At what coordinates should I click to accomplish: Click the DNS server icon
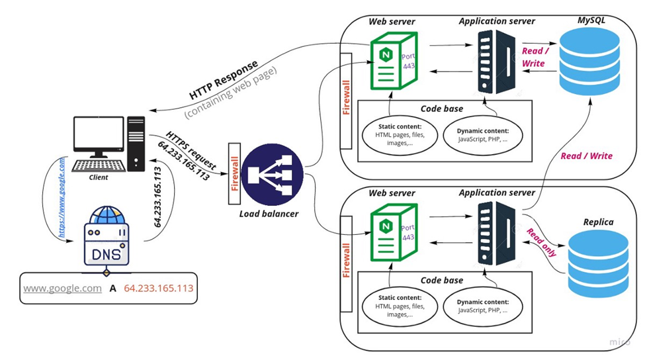click(106, 238)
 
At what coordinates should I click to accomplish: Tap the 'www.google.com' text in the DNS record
click(63, 289)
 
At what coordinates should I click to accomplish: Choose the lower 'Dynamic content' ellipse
click(482, 304)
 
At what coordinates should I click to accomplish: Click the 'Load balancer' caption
click(270, 214)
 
